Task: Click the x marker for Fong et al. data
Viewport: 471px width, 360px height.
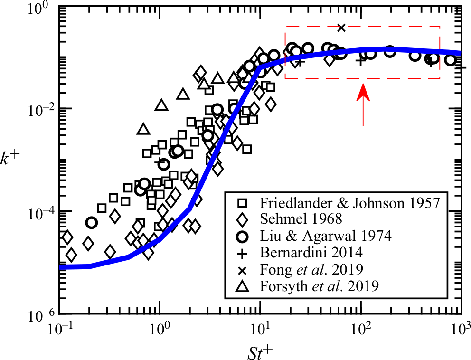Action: (x=341, y=28)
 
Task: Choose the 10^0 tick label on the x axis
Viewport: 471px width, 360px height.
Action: (x=160, y=329)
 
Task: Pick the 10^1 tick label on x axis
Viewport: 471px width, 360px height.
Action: (x=261, y=329)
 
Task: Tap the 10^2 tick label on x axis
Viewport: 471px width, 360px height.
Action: (x=361, y=329)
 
